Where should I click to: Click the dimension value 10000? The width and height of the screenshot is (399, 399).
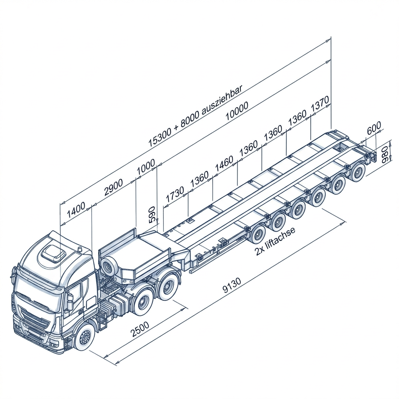237,111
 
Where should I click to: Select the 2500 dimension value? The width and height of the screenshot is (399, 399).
139,329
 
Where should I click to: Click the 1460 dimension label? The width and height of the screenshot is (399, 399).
224,164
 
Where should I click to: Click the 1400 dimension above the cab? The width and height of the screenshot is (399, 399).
76,210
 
